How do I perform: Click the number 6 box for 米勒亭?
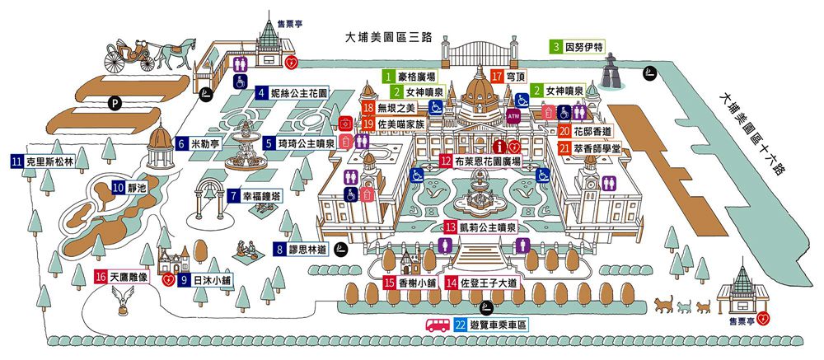(182, 143)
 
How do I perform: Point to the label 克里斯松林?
(49, 162)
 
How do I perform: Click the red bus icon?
(438, 325)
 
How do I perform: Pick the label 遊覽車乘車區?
(498, 325)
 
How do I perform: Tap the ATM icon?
(513, 115)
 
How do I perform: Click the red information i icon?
(501, 146)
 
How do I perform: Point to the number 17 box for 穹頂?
(497, 76)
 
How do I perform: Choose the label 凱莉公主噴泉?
(488, 227)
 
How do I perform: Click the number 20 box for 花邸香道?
(564, 131)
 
